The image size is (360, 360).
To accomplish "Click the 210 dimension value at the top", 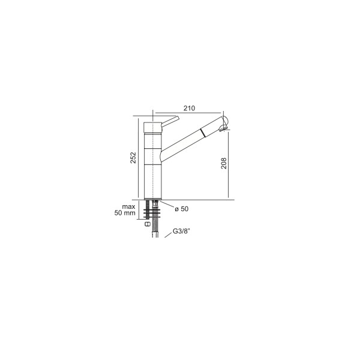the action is (x=189, y=108).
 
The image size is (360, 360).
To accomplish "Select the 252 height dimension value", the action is (x=133, y=157).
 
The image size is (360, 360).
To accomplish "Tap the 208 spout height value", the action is (x=224, y=163).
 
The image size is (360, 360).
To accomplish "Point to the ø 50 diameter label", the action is (x=181, y=209).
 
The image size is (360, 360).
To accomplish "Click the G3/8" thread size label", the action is (x=181, y=231).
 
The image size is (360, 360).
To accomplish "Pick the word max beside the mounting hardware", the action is (x=128, y=206).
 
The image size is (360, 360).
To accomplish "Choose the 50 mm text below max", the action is (x=125, y=213).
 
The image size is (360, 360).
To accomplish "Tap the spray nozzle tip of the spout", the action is (x=223, y=128).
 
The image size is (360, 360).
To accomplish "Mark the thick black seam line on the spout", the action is (x=203, y=133).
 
